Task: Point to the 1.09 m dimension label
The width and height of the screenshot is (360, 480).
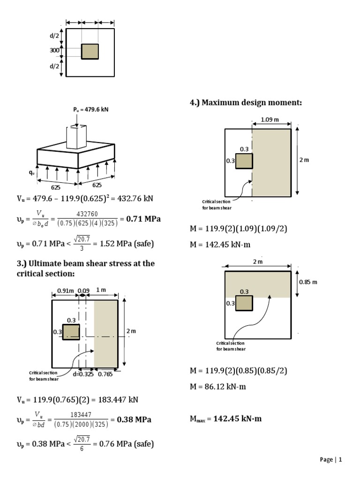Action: [x=269, y=120]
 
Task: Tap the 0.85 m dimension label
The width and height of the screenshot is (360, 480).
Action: [x=308, y=282]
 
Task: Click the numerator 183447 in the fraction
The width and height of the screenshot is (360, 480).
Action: [x=78, y=415]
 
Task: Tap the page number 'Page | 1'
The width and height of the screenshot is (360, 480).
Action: [x=331, y=460]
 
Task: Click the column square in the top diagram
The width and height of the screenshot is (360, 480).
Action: [x=90, y=52]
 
